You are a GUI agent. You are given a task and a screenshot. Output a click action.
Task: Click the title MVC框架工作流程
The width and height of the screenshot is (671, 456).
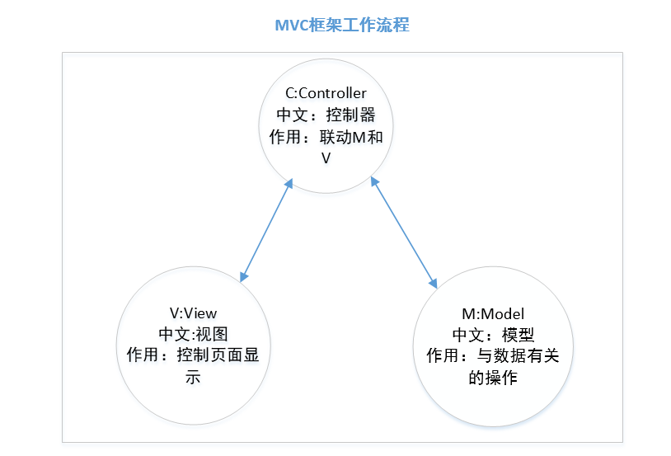[x=341, y=26]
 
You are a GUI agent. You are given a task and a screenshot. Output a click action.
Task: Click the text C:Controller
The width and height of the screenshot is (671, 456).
[x=326, y=93]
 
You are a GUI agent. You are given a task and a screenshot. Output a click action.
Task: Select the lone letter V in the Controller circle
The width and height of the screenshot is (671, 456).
[x=326, y=157]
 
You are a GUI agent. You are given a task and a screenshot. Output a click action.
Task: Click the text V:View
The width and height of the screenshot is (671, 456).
[x=193, y=313]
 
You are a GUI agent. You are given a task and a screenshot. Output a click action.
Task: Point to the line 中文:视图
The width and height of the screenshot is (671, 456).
[x=193, y=334]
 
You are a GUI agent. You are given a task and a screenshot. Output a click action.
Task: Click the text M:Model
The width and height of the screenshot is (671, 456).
[x=493, y=313]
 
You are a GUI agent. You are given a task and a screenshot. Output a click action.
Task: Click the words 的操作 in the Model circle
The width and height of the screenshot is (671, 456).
[x=493, y=378]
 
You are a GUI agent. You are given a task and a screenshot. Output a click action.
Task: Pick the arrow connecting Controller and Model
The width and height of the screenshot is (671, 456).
[x=405, y=232]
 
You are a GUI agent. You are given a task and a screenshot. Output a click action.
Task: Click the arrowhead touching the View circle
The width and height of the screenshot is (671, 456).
[x=242, y=278]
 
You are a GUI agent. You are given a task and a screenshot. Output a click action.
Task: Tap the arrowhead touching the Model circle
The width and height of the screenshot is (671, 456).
[x=433, y=282]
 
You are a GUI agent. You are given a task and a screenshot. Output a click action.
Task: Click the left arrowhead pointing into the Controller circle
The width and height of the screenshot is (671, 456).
[x=289, y=183]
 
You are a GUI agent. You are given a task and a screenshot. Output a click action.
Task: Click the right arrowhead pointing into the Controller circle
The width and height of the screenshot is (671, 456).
[x=376, y=181]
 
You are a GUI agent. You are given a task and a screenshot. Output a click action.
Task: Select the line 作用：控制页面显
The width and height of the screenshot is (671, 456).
[x=193, y=355]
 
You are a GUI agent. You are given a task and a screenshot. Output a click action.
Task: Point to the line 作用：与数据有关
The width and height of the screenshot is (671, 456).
[x=493, y=356]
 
